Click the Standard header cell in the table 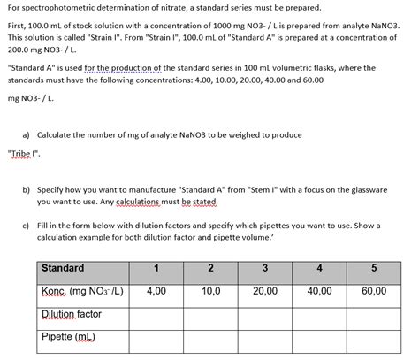click(x=63, y=267)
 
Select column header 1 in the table click(x=156, y=267)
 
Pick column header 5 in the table click(x=374, y=267)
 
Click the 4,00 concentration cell click(x=156, y=290)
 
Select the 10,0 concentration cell click(x=209, y=290)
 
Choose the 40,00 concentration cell click(x=319, y=290)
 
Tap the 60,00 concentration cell click(x=374, y=290)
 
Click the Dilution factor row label click(x=72, y=313)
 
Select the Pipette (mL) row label click(x=69, y=337)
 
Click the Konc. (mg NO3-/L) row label click(x=81, y=290)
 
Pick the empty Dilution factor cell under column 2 click(x=209, y=313)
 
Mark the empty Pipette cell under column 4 click(x=319, y=337)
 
